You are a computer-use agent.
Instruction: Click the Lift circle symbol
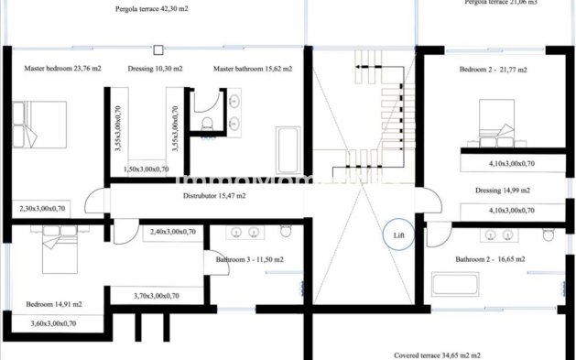398,235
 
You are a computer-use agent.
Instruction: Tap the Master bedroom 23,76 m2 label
62,69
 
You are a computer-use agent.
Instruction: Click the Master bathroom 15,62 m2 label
253,69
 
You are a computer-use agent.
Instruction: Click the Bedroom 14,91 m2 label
54,303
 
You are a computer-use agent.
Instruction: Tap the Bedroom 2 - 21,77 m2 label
494,69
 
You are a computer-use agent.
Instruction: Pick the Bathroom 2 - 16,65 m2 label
490,259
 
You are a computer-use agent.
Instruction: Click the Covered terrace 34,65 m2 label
438,354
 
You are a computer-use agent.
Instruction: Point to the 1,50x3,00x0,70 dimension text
147,169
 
